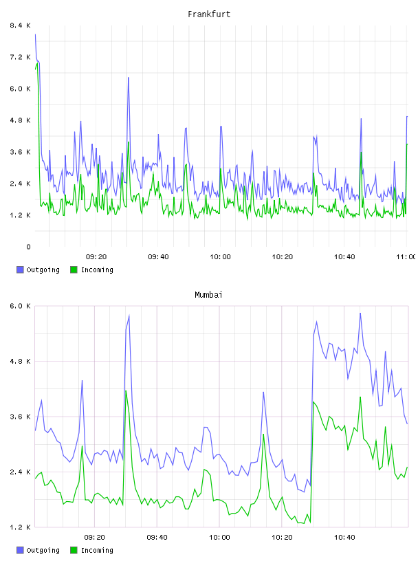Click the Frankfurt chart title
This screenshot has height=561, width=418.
209,14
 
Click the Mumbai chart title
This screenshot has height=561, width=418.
208,295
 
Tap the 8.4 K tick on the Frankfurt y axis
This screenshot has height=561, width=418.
20,25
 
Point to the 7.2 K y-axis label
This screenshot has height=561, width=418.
20,57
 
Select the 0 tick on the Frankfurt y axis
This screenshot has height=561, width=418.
28,247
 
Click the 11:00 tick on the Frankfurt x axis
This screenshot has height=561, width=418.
406,257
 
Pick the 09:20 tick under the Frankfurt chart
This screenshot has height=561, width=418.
96,257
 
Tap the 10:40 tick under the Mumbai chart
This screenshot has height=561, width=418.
344,538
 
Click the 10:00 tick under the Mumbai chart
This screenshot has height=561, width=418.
220,538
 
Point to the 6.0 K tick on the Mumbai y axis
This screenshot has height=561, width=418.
20,306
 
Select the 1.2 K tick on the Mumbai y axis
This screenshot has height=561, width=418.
20,527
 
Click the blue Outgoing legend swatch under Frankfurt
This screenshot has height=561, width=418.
20,269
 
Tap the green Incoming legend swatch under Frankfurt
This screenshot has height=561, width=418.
74,269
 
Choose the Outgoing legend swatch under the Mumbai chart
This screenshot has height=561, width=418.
20,550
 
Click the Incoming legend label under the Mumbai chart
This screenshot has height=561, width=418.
97,550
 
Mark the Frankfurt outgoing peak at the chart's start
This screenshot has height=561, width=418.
36,34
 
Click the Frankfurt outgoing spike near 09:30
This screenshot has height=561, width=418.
128,78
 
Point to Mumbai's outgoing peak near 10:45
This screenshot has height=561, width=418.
360,313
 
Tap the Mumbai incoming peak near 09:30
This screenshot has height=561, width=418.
126,390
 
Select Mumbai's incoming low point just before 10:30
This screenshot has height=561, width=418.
310,522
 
